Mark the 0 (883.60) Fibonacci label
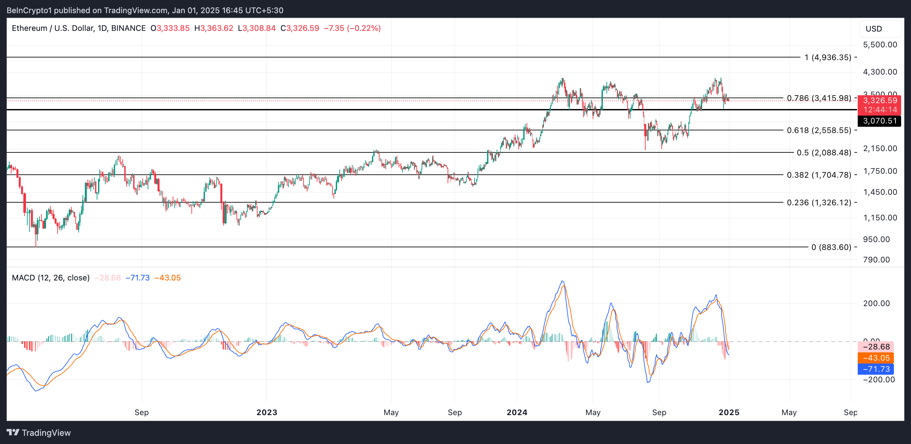point(831,247)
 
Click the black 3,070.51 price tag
point(879,121)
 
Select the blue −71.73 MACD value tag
point(876,369)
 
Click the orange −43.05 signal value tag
point(876,358)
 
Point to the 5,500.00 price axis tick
point(879,45)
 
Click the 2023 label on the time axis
point(267,412)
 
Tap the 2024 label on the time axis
point(517,412)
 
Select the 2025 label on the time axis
point(728,412)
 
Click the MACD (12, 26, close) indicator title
point(51,277)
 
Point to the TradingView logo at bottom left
point(39,433)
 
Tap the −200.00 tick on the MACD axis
point(878,380)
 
